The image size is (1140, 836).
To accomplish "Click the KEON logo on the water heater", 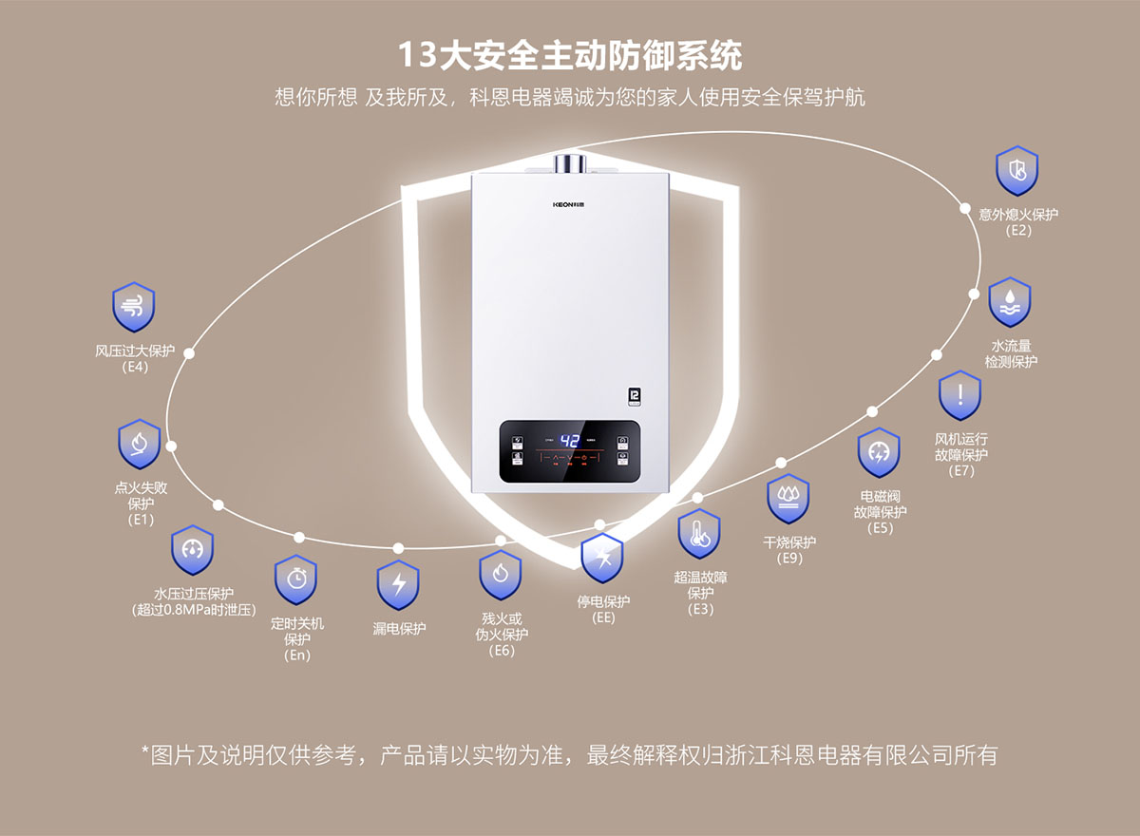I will click(x=570, y=204).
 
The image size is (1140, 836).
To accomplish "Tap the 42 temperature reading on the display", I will click(x=570, y=442).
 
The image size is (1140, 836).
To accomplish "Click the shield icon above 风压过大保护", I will click(x=134, y=306).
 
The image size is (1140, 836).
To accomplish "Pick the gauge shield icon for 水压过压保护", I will click(x=193, y=549).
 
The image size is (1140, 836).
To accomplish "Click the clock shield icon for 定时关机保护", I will click(x=295, y=579).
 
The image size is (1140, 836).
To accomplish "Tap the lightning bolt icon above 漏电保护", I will click(x=398, y=584).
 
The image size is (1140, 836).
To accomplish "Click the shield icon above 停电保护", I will click(x=602, y=559).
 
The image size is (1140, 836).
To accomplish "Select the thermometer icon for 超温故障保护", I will click(x=699, y=534).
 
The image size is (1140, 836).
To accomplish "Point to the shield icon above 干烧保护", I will click(x=788, y=499).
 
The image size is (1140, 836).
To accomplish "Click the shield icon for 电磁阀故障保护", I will click(x=879, y=453).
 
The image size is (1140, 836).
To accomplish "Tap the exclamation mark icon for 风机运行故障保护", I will click(x=960, y=395).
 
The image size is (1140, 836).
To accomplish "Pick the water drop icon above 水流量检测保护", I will click(x=1009, y=302).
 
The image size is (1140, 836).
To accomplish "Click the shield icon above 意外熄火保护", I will click(x=1017, y=171).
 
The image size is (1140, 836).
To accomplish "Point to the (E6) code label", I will click(x=502, y=651).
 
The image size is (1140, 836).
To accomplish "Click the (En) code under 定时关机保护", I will click(x=297, y=655).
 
